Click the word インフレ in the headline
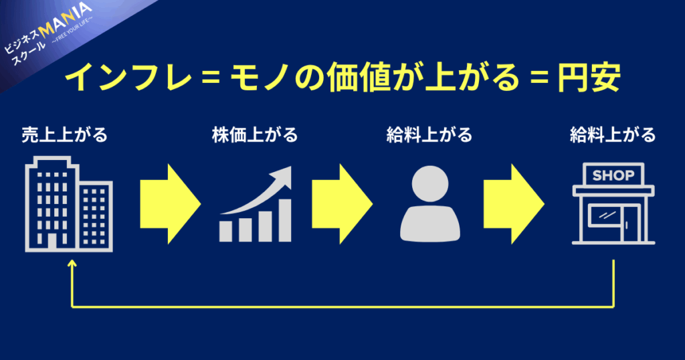[x=129, y=78]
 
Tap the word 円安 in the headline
[x=589, y=78]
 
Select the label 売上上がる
[x=65, y=134]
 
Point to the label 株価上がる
[x=255, y=134]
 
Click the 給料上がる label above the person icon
[x=429, y=134]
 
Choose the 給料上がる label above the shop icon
[x=613, y=134]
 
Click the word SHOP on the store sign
[x=613, y=175]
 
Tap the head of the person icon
[x=430, y=183]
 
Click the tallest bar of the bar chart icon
[x=285, y=220]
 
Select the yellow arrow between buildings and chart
[x=171, y=204]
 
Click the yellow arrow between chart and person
[x=342, y=204]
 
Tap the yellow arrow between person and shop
[x=514, y=204]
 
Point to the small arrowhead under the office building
[x=72, y=263]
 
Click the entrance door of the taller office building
[x=52, y=242]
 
